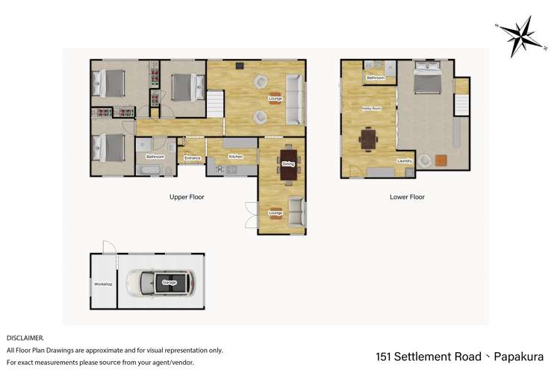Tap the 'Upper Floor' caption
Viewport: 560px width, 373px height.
click(187, 197)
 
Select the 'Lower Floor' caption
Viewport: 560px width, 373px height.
click(407, 197)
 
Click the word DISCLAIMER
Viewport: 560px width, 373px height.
click(25, 337)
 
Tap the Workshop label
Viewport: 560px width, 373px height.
click(102, 284)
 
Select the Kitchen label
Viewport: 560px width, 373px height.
click(236, 157)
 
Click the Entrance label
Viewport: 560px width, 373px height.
click(193, 157)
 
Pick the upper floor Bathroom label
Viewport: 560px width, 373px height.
click(155, 157)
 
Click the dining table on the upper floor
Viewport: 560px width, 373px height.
click(288, 164)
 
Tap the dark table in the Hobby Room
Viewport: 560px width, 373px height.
click(369, 139)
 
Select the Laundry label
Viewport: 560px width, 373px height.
click(405, 161)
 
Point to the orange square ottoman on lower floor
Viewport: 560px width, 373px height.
click(441, 160)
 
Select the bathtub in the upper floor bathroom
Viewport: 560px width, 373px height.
click(149, 170)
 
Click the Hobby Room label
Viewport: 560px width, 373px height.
click(371, 108)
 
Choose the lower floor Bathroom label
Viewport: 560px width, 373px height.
click(375, 78)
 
